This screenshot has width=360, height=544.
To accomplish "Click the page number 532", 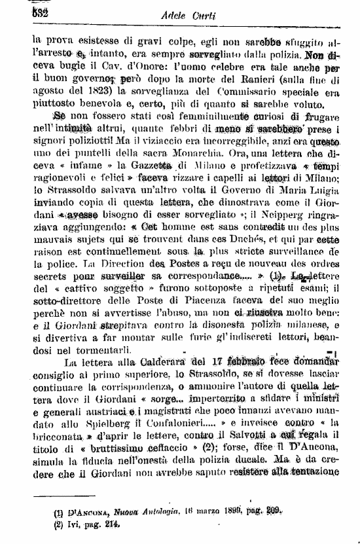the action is [13, 13].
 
